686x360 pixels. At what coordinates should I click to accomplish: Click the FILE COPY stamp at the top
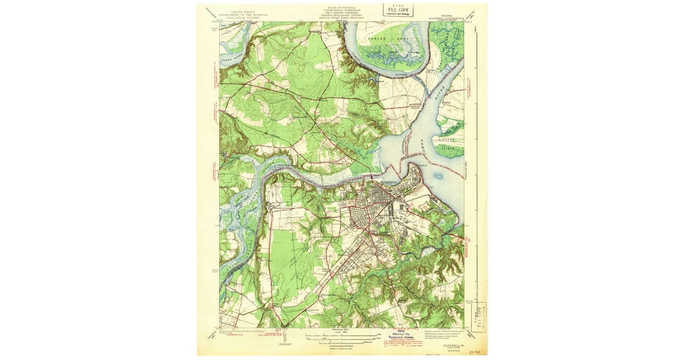(399, 11)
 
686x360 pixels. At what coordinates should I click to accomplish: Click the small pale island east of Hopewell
(438, 175)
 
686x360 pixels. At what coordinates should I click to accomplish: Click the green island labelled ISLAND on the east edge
(450, 150)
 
